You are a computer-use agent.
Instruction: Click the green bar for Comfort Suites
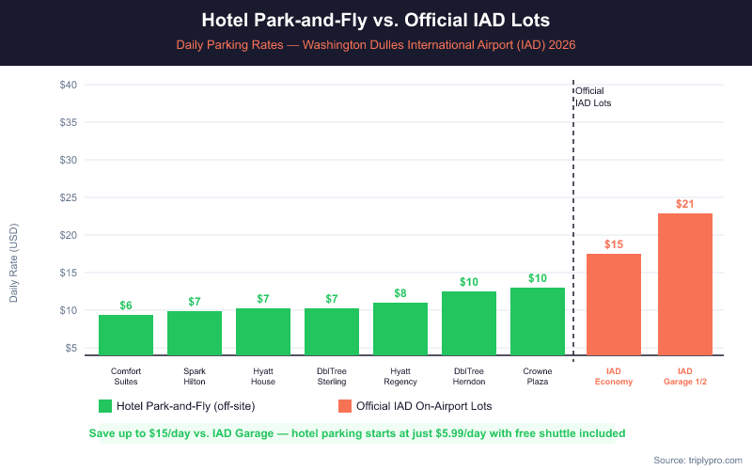(126, 335)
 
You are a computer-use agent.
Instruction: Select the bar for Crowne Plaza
(538, 321)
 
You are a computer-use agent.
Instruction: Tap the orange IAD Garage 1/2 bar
(685, 284)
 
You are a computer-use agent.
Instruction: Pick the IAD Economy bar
(614, 305)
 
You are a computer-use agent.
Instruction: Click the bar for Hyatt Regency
(400, 329)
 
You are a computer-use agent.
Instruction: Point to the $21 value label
(685, 204)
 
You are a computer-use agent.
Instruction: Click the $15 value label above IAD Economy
(614, 244)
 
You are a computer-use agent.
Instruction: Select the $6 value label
(126, 305)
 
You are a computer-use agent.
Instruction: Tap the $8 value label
(400, 293)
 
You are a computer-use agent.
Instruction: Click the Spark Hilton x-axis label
(195, 376)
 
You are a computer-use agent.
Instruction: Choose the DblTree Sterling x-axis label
(332, 376)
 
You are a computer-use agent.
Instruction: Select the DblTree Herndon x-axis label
(469, 376)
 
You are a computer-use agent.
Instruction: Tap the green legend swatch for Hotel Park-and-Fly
(105, 406)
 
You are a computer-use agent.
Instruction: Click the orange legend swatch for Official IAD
(345, 406)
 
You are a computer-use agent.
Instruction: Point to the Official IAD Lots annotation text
(593, 97)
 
